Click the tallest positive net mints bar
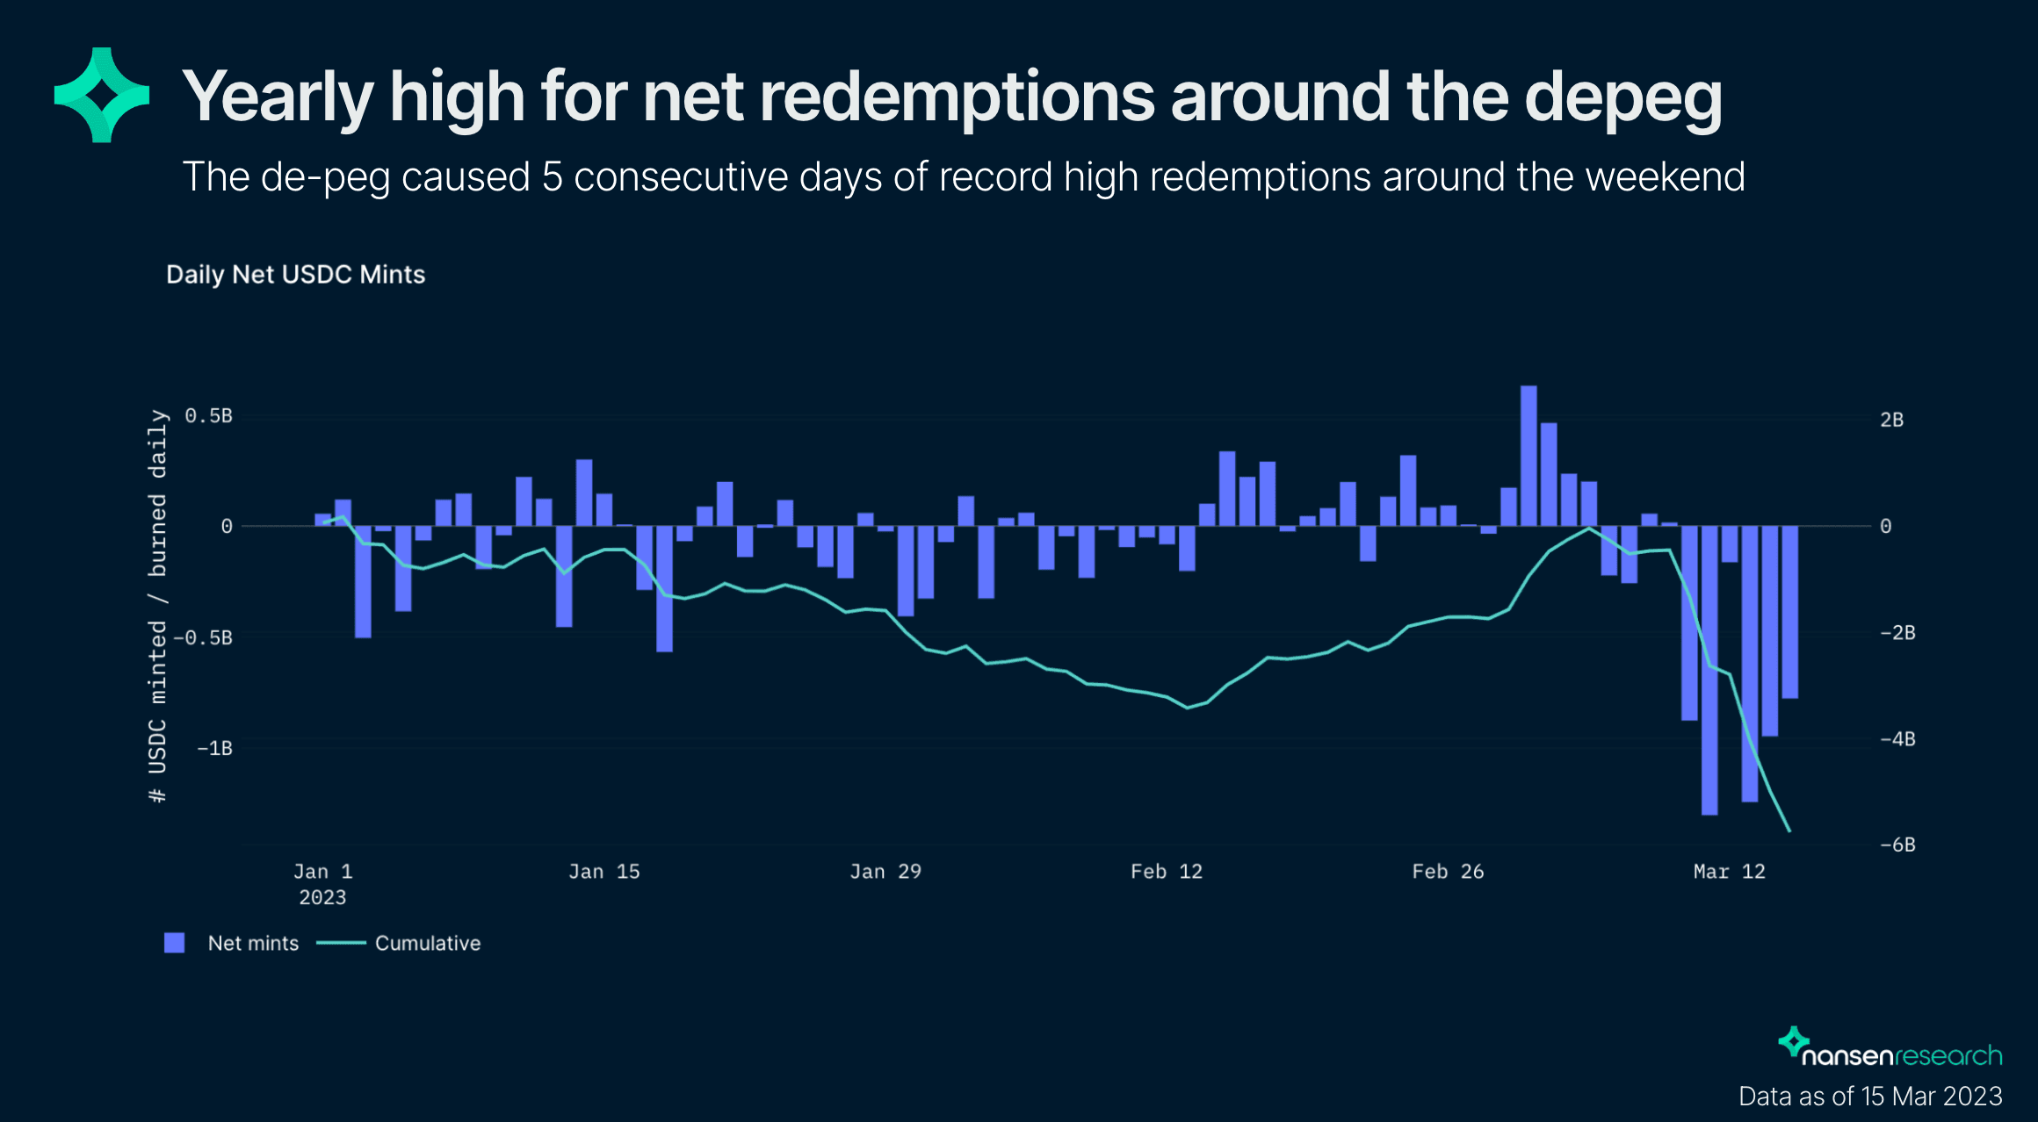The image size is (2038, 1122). pyautogui.click(x=1528, y=456)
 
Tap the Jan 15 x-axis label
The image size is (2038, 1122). pyautogui.click(x=603, y=872)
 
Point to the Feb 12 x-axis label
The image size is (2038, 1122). pyautogui.click(x=1166, y=872)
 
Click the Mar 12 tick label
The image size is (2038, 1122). pyautogui.click(x=1729, y=872)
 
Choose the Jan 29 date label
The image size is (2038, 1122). pyautogui.click(x=885, y=872)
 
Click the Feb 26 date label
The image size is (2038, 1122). pyautogui.click(x=1448, y=872)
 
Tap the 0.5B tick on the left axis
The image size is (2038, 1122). pyautogui.click(x=208, y=416)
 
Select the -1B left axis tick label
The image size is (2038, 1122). pyautogui.click(x=214, y=748)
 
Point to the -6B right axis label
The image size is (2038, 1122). pyautogui.click(x=1897, y=845)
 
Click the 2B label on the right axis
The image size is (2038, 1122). pyautogui.click(x=1891, y=421)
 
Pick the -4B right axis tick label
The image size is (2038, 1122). pyautogui.click(x=1897, y=739)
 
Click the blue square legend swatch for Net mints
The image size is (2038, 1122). pyautogui.click(x=175, y=943)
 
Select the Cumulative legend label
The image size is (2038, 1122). pyautogui.click(x=428, y=944)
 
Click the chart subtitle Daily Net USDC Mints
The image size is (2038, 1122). pyautogui.click(x=295, y=275)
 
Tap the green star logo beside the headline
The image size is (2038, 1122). pyautogui.click(x=101, y=95)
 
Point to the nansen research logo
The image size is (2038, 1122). pyautogui.click(x=1890, y=1049)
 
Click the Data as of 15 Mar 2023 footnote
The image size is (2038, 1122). pyautogui.click(x=1870, y=1097)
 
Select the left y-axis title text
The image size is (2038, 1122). pyautogui.click(x=157, y=606)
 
